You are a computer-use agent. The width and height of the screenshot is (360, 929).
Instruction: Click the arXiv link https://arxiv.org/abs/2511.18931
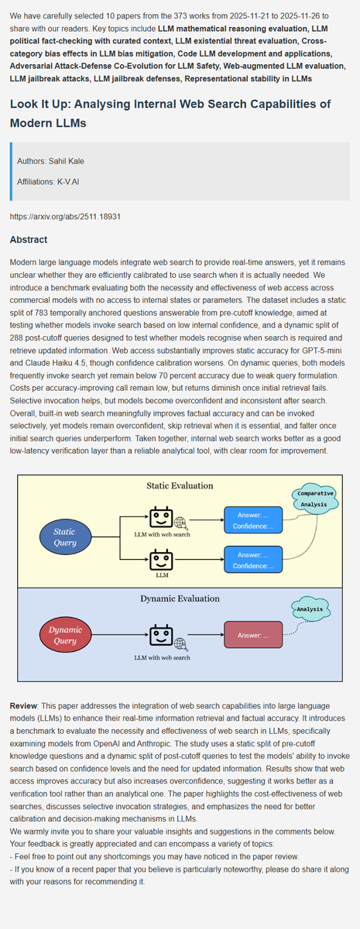(x=66, y=218)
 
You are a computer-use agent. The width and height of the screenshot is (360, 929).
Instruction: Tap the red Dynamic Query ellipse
(x=66, y=635)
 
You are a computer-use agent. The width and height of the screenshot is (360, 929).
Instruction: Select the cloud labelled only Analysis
(x=310, y=609)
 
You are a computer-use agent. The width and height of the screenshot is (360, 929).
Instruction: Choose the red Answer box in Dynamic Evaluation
(x=253, y=636)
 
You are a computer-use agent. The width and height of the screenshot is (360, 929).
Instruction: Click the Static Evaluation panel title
(x=180, y=485)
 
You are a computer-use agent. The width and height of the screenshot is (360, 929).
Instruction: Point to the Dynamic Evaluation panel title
(x=180, y=598)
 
